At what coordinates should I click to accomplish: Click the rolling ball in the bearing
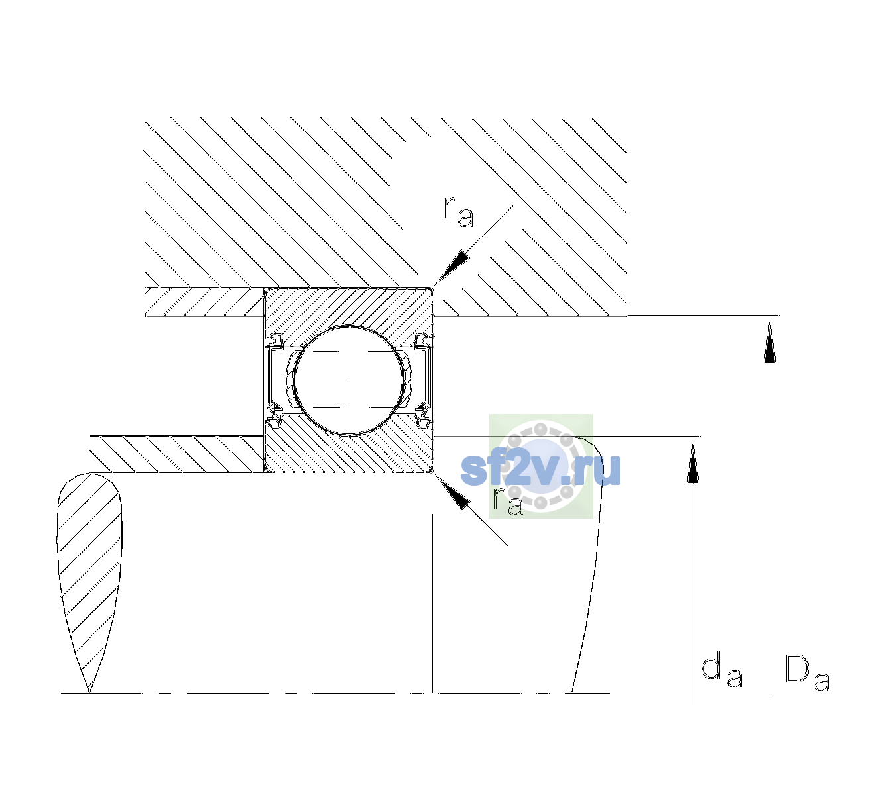(349, 380)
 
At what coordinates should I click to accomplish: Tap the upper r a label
(459, 212)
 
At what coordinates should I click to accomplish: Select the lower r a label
(508, 501)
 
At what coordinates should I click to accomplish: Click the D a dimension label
(807, 673)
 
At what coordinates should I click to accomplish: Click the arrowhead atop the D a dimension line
(770, 342)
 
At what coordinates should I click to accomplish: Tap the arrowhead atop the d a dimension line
(693, 462)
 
